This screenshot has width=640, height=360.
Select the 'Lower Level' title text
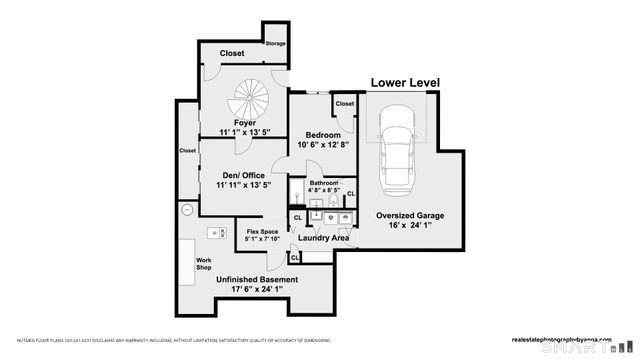(405, 83)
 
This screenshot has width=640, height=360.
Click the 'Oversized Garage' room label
(410, 215)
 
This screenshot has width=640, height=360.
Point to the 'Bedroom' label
(323, 135)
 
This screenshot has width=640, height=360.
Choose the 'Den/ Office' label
(244, 175)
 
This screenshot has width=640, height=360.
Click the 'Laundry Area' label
(323, 238)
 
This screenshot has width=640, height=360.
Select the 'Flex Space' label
(262, 231)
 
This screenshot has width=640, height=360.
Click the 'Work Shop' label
(203, 264)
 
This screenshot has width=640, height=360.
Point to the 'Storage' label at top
(275, 43)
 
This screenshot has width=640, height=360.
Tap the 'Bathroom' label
(324, 183)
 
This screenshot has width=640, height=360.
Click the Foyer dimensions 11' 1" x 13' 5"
(245, 132)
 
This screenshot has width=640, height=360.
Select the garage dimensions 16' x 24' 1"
(410, 226)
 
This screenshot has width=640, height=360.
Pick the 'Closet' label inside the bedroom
(345, 103)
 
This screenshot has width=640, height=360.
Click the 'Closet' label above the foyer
(232, 53)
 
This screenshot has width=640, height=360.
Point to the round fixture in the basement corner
(187, 210)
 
